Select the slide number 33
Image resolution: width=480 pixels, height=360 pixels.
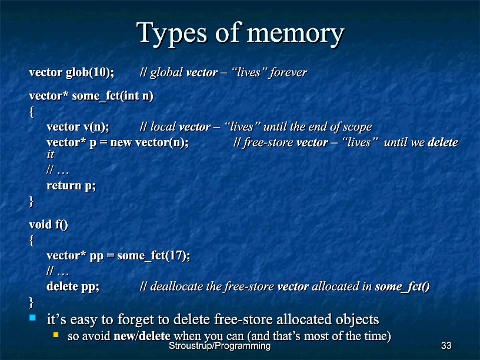coord(446,346)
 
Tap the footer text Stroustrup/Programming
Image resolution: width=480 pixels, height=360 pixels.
coord(220,346)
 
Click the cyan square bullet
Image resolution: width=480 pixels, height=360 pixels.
coord(32,318)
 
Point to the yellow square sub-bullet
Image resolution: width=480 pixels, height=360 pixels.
coord(56,335)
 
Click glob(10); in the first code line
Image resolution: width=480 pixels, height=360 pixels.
coord(90,72)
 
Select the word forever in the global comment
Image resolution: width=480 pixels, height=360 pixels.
coord(288,72)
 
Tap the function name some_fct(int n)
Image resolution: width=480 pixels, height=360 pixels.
coord(112,96)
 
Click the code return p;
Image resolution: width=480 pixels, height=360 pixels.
coord(71,186)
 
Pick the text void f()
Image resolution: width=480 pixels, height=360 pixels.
coord(48,225)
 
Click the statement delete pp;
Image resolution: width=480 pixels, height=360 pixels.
coord(73,286)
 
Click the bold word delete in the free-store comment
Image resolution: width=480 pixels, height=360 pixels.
coord(443,142)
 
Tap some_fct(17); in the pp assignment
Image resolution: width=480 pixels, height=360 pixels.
coord(154,256)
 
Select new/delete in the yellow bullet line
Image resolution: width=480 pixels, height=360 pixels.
coord(142,336)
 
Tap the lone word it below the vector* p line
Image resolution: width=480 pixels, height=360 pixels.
coord(50,155)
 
